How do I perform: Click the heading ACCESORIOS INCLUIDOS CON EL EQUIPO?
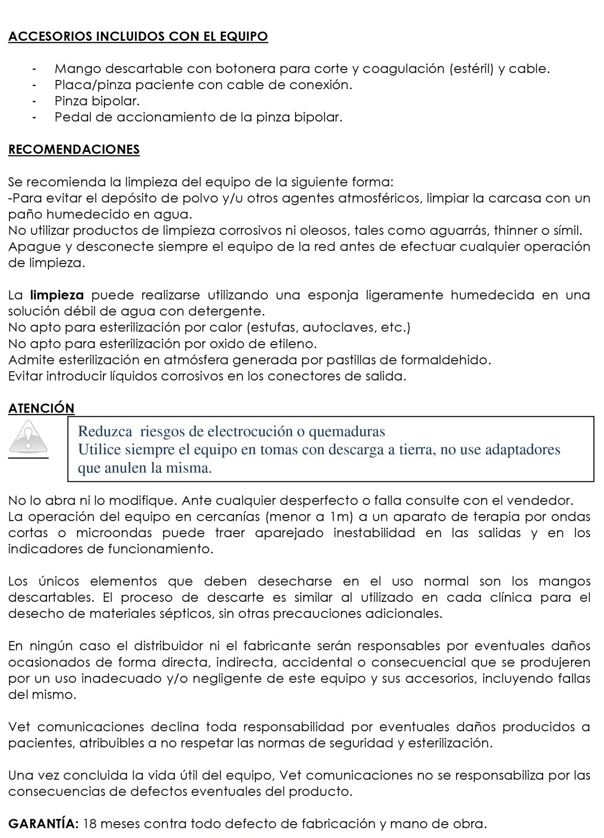pos(138,36)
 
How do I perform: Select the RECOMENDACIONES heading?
pos(74,149)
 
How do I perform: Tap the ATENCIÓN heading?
pos(41,408)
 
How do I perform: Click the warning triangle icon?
pos(28,436)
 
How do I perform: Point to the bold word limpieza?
pos(57,295)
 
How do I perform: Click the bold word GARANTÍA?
pos(44,824)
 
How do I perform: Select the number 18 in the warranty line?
pos(90,824)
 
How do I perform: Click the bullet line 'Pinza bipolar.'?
pos(97,101)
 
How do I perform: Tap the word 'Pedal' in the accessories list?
pos(70,117)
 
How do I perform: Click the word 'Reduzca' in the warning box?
pos(105,432)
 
